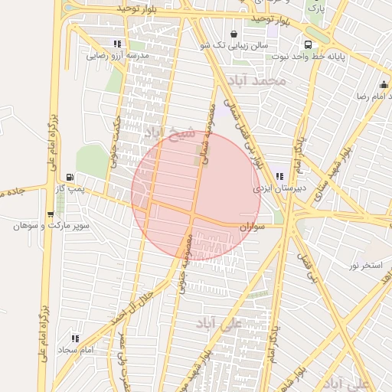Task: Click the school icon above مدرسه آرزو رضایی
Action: (117, 44)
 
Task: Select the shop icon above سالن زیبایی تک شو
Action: (234, 34)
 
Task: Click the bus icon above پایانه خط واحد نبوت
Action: (308, 44)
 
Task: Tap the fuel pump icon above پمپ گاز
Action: (70, 177)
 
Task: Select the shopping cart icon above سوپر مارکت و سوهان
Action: (50, 215)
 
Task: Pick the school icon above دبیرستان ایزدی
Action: (279, 176)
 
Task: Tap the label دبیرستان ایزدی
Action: (279, 188)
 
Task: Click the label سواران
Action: (251, 227)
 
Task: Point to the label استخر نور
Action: (364, 265)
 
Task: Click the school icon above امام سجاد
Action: (75, 338)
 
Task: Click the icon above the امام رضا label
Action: (383, 85)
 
